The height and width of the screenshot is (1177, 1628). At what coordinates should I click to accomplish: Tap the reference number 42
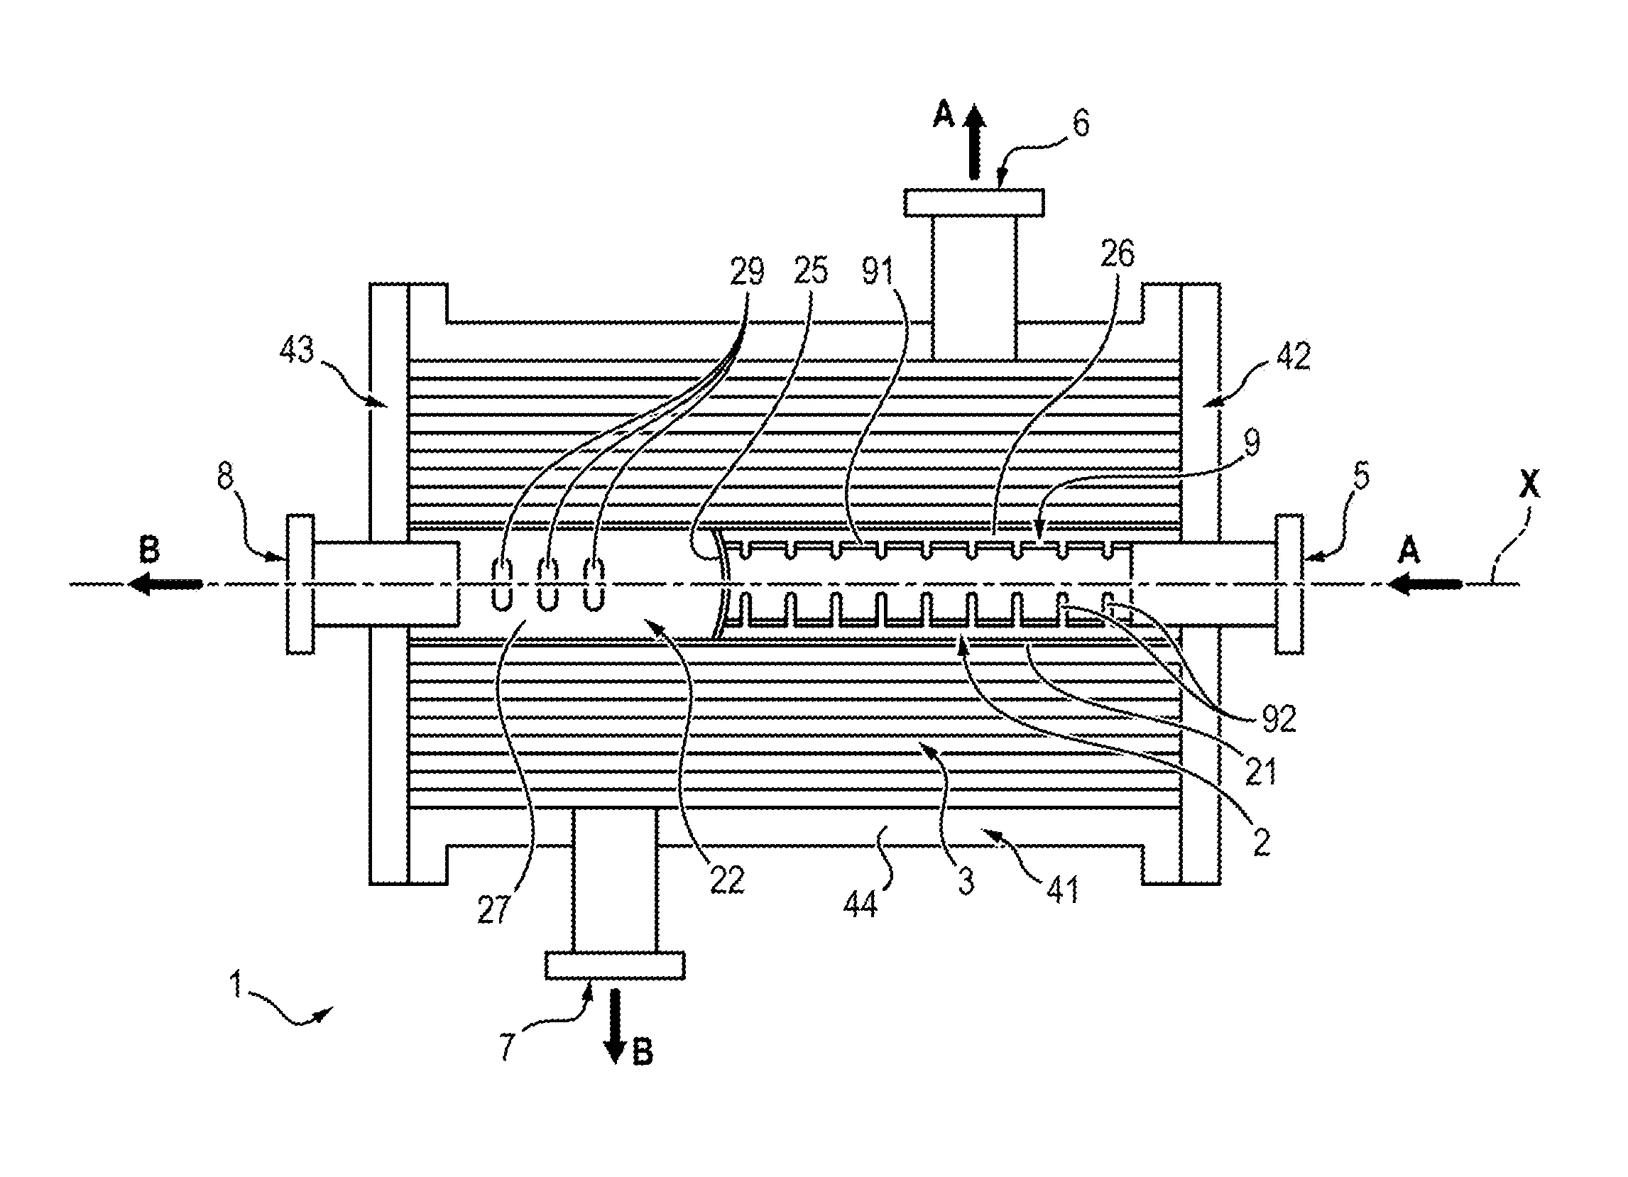(x=1294, y=356)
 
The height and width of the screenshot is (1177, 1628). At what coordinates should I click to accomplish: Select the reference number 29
(x=747, y=272)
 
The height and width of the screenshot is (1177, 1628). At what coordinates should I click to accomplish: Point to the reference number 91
(x=877, y=272)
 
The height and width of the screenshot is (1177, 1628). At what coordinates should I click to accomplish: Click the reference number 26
(x=1118, y=254)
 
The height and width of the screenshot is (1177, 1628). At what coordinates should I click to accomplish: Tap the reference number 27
(x=494, y=910)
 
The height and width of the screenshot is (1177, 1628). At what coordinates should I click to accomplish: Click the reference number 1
(x=235, y=984)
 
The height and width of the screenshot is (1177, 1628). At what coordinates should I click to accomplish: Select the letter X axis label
(x=1529, y=487)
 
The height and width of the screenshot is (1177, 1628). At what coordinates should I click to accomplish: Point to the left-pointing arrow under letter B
(x=165, y=584)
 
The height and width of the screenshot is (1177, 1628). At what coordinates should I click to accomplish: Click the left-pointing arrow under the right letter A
(x=1424, y=584)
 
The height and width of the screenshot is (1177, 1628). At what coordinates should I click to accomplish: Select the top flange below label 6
(x=973, y=203)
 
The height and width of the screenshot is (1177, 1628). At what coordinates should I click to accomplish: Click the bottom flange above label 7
(x=614, y=965)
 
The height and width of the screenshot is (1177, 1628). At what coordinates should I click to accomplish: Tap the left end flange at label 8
(x=300, y=584)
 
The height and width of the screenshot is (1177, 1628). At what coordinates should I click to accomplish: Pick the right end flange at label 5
(x=1289, y=584)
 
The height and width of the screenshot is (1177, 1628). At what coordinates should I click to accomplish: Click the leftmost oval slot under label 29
(x=501, y=585)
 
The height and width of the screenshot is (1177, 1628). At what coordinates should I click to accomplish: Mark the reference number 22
(x=726, y=880)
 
